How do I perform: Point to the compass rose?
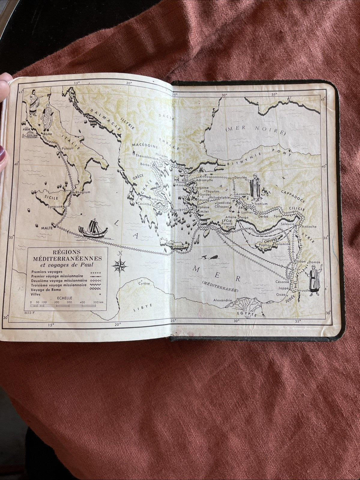[119, 264]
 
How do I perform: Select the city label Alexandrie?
[222, 300]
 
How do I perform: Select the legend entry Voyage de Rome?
[46, 289]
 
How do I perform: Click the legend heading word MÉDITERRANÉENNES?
[68, 258]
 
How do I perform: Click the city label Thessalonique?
[147, 156]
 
